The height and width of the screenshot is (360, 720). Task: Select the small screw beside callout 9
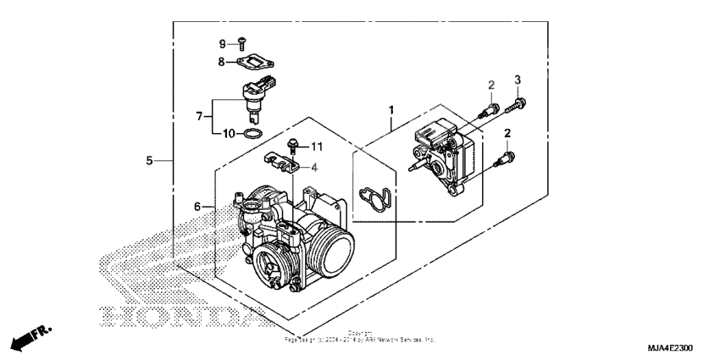point(241,42)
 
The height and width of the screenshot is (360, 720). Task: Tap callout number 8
point(221,61)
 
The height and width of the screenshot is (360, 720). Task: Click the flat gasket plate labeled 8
point(257,61)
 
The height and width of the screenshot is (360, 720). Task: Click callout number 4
point(314,167)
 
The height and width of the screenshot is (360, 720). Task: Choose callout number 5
point(149,160)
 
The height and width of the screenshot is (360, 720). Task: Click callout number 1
point(391,110)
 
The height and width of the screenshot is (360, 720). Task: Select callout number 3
point(517,80)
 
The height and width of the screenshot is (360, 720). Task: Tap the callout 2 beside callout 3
point(490,85)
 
